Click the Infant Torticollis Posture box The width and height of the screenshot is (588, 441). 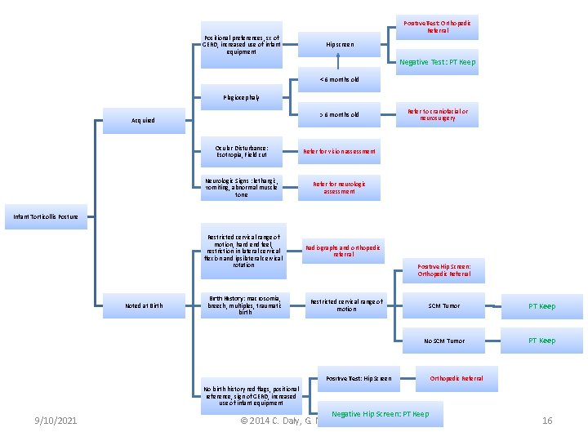click(46, 216)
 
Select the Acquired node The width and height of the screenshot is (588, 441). click(143, 120)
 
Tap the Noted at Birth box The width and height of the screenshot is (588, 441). click(143, 305)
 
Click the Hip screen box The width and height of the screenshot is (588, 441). click(340, 44)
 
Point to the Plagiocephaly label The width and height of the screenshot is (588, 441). click(242, 97)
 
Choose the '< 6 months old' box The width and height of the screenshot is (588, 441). click(340, 79)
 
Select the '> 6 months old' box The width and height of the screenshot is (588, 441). click(340, 115)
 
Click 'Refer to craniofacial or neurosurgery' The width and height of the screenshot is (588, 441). click(437, 115)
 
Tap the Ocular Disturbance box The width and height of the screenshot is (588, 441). click(242, 151)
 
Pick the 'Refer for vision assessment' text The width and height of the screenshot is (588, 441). click(340, 151)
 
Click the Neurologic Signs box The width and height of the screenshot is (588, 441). click(242, 187)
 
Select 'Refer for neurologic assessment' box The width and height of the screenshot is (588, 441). click(340, 187)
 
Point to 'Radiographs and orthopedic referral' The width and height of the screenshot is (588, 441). click(343, 251)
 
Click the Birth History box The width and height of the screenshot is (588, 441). click(242, 305)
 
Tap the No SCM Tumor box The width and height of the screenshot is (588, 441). click(443, 341)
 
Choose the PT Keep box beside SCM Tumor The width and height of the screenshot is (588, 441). click(541, 306)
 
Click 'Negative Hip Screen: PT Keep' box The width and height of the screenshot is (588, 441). click(380, 414)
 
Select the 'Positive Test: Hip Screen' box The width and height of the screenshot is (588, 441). click(359, 378)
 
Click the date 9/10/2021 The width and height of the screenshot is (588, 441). click(56, 421)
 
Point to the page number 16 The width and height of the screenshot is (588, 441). click(547, 421)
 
